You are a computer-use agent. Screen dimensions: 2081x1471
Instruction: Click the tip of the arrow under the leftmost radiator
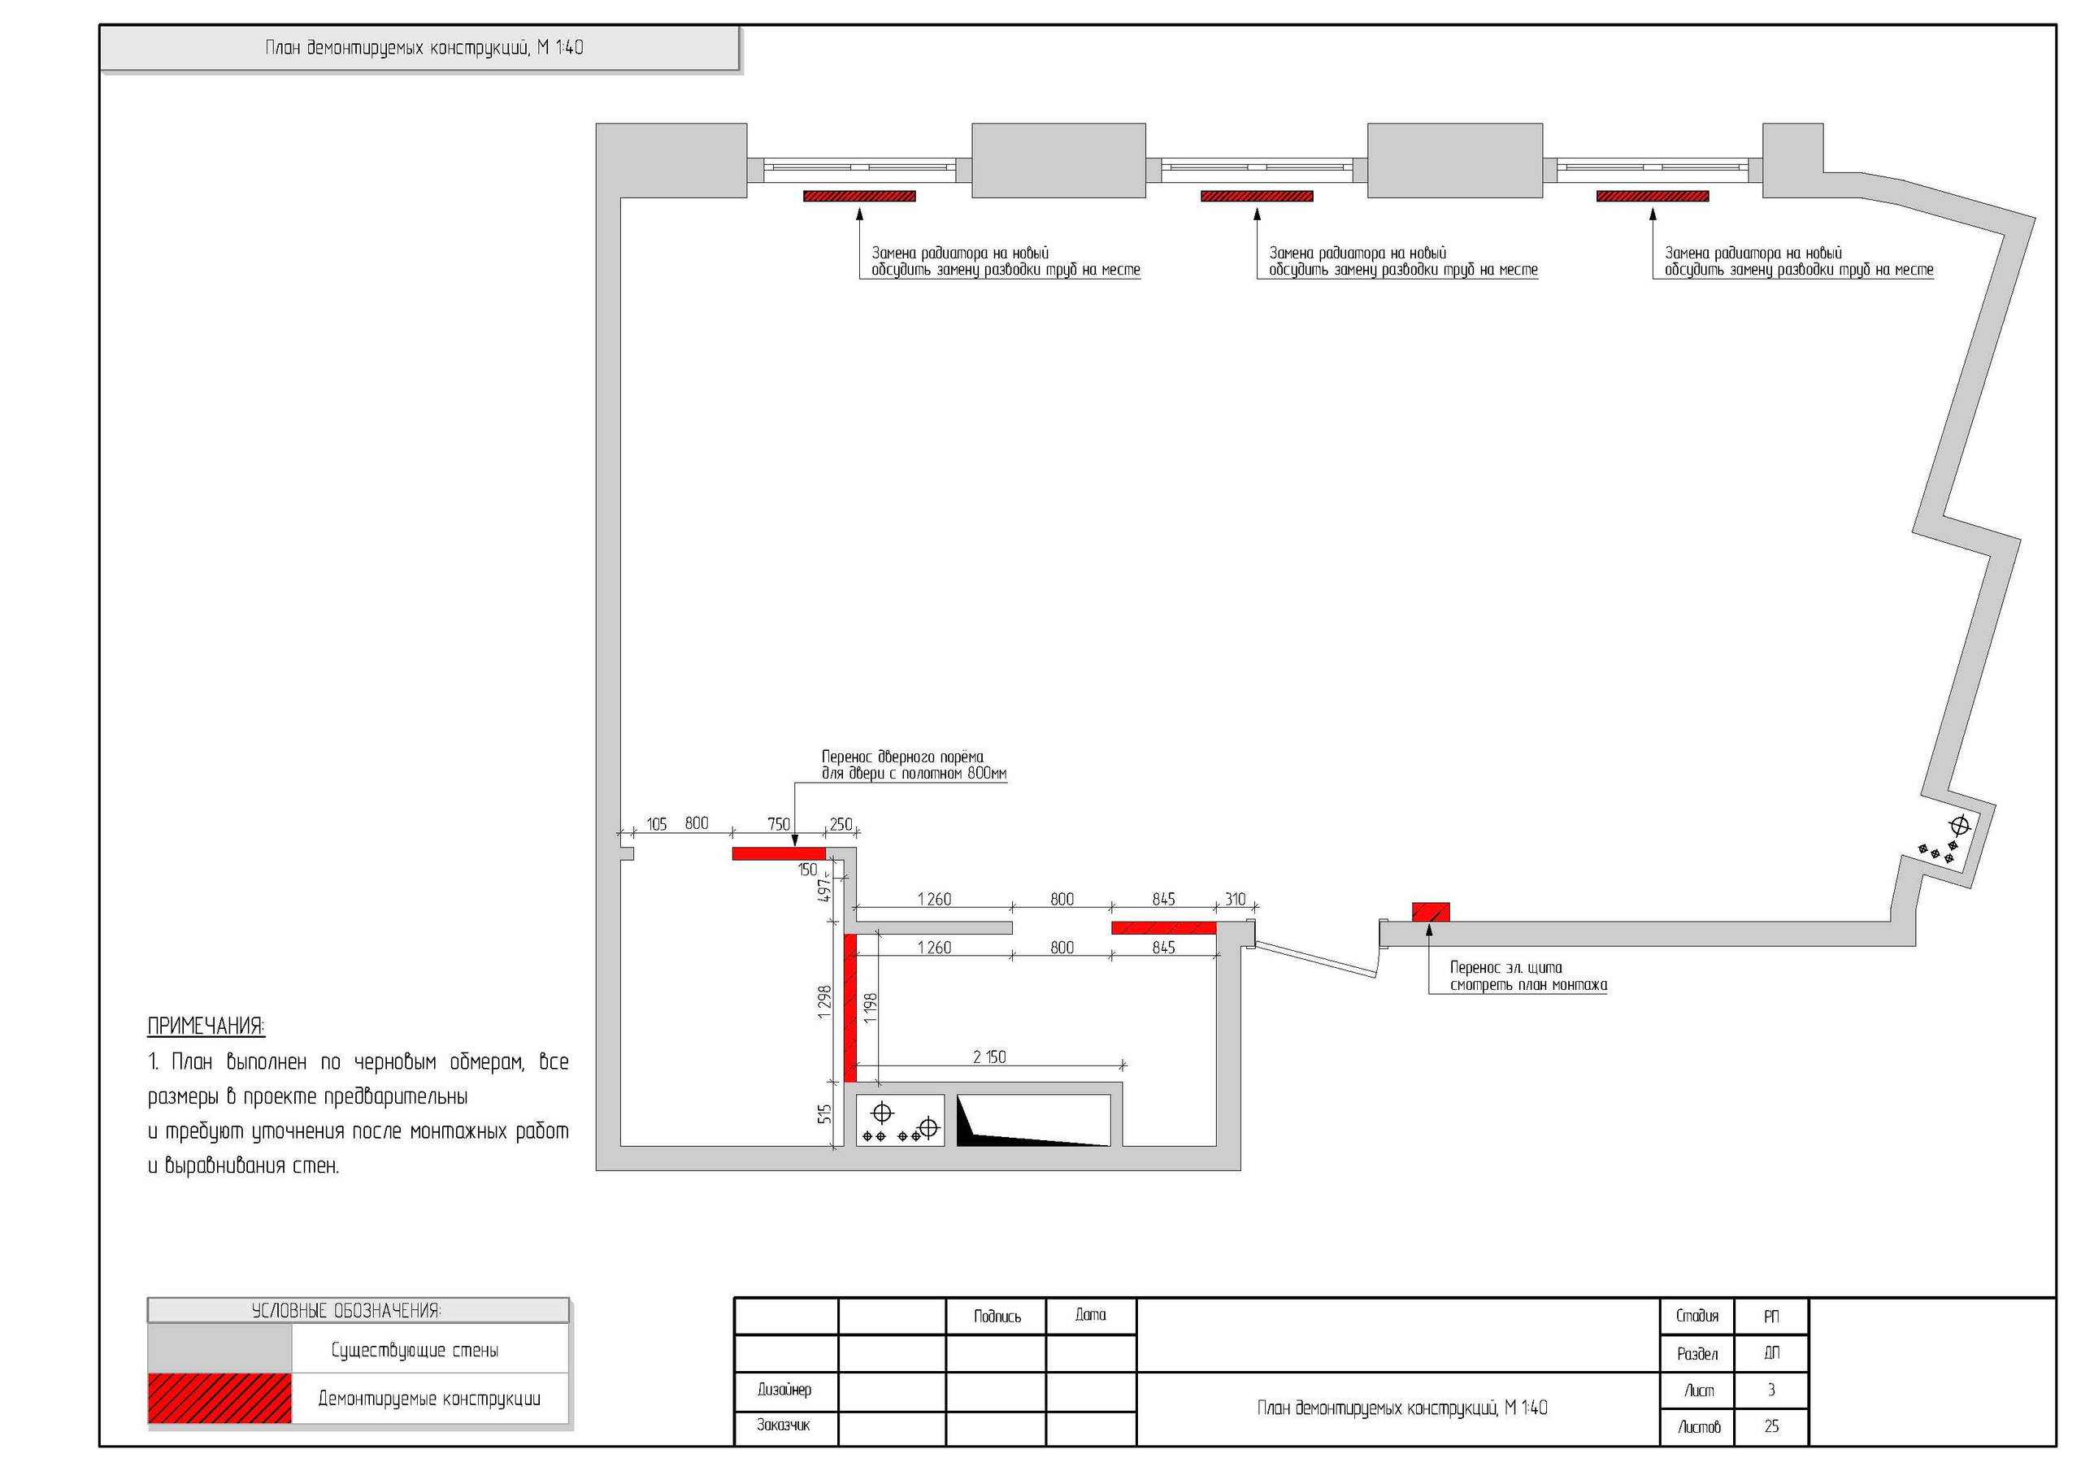(x=859, y=209)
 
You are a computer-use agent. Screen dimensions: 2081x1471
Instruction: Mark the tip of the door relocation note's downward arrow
(x=794, y=847)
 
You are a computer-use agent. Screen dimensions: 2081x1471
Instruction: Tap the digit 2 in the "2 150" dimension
(x=977, y=1057)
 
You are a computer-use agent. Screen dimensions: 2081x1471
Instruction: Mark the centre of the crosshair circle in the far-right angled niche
(x=1960, y=826)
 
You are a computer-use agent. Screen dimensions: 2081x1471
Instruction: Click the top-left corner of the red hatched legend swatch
(x=149, y=1374)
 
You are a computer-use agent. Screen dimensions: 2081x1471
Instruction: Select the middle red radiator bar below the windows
(x=1256, y=196)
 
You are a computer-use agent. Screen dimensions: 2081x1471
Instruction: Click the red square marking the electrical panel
(x=1432, y=912)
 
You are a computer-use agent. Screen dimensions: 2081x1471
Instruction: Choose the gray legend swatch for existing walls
(x=219, y=1348)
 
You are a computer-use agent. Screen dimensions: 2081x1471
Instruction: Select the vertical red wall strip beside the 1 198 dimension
(x=850, y=1008)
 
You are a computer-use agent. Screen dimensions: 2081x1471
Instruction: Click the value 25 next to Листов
(x=1771, y=1425)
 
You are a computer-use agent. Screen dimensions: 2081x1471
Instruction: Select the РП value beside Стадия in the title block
(x=1771, y=1316)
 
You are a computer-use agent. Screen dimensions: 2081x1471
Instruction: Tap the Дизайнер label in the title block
(x=785, y=1390)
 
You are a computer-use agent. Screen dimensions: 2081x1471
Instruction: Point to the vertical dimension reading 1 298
(x=824, y=1002)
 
